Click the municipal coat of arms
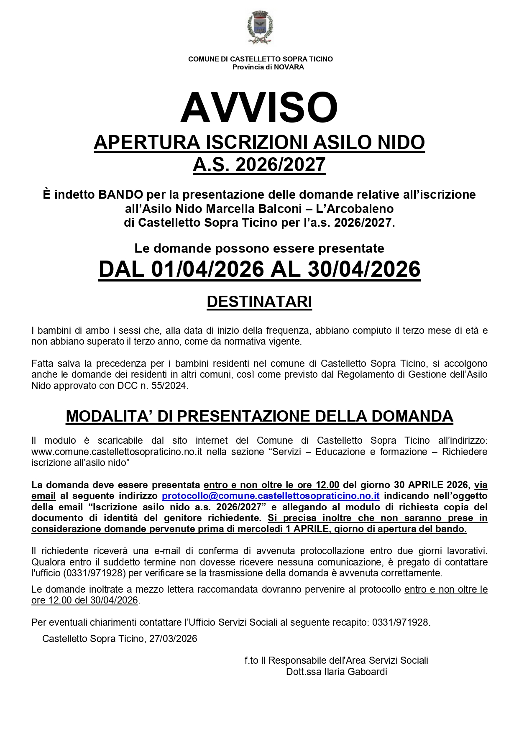[x=260, y=28]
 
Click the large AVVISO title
[x=259, y=107]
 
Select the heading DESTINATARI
[x=259, y=302]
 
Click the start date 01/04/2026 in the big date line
[x=207, y=269]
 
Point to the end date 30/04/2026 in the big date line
[x=364, y=269]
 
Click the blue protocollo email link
[x=271, y=496]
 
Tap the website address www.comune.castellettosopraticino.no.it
[x=117, y=452]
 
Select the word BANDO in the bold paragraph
[x=121, y=194]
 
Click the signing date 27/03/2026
[x=173, y=639]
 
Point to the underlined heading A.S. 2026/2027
[x=259, y=165]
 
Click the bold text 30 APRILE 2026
[x=432, y=485]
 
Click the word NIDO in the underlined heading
[x=401, y=143]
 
